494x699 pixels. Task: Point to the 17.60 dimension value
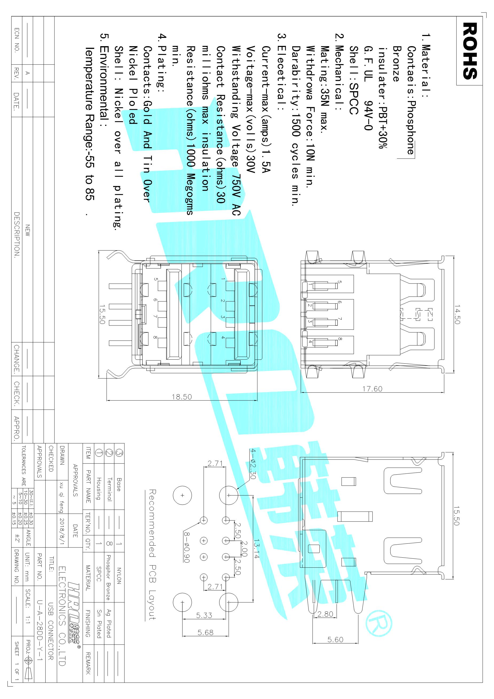(372, 389)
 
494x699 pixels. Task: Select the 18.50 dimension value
(182, 397)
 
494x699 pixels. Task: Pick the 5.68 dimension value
(205, 633)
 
